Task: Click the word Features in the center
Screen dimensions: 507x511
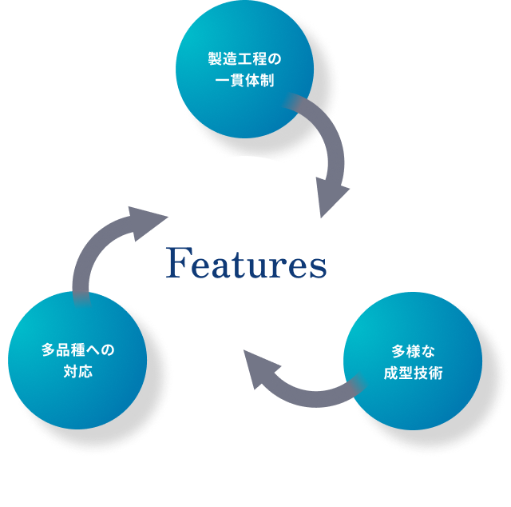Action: click(246, 264)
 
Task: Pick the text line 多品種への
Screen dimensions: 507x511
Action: click(77, 349)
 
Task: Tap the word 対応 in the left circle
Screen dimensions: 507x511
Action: click(77, 371)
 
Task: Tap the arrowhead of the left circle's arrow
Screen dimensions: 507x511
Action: click(144, 221)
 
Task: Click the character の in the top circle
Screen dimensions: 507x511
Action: click(274, 59)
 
